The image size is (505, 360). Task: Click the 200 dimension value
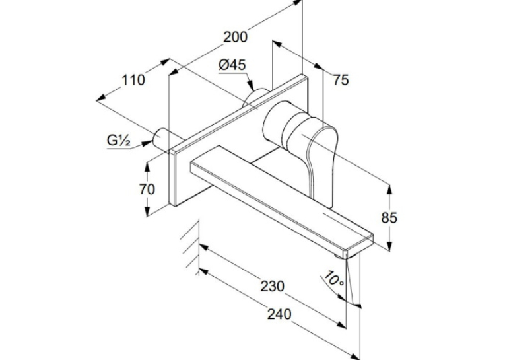coord(236,37)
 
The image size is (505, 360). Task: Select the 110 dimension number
coord(133,80)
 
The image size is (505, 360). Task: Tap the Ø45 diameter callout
coord(232,65)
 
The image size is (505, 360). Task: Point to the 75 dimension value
coord(341,79)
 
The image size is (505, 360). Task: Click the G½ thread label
coord(119,141)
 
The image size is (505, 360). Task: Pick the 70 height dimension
coord(147,189)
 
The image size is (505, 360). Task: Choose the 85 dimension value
coord(389,218)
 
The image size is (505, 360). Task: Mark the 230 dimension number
coord(273,286)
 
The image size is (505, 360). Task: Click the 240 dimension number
coord(279,314)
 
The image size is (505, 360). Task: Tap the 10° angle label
coord(334,279)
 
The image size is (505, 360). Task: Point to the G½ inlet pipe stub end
coord(159,137)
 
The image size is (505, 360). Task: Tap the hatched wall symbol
coord(191,247)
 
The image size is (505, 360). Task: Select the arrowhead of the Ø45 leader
coord(250,86)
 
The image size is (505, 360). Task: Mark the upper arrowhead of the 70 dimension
coord(147,165)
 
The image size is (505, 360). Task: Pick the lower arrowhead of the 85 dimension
coord(389,246)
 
